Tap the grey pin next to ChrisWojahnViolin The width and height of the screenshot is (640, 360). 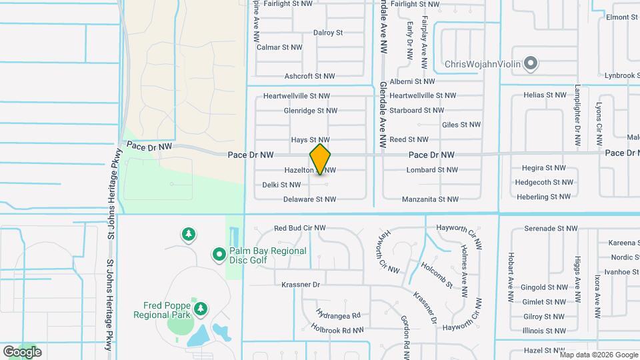pyautogui.click(x=531, y=63)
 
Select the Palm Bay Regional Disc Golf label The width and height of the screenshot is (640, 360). pyautogui.click(x=267, y=255)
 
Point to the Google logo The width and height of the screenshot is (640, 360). pyautogui.click(x=22, y=351)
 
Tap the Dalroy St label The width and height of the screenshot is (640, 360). pyautogui.click(x=327, y=32)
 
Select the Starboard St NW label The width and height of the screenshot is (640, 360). pyautogui.click(x=417, y=111)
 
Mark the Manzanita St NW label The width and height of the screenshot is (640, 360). pyautogui.click(x=430, y=199)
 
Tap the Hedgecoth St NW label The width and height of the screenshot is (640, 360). pyautogui.click(x=542, y=182)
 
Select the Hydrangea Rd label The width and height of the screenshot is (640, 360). pyautogui.click(x=339, y=315)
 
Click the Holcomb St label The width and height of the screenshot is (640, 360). pyautogui.click(x=437, y=275)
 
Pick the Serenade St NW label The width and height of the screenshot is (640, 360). pyautogui.click(x=551, y=228)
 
